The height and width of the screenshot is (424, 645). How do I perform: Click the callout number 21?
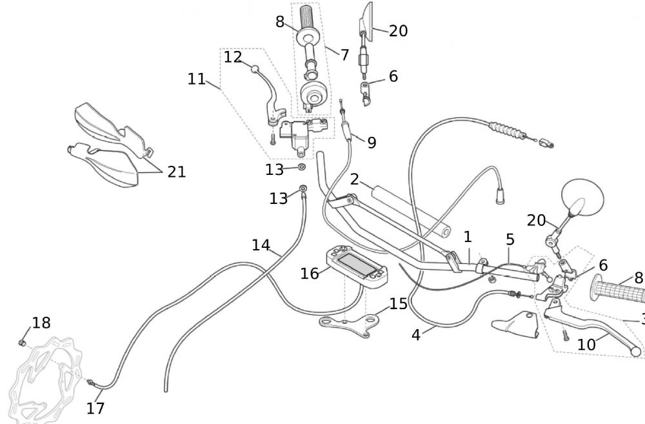(x=176, y=172)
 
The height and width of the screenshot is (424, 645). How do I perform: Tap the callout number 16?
(x=310, y=274)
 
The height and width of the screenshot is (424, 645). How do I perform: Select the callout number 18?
(x=41, y=323)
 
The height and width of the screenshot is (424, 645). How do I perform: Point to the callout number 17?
(x=95, y=408)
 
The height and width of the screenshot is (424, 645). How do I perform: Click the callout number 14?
(x=261, y=245)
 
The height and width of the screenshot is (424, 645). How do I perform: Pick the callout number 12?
(x=232, y=57)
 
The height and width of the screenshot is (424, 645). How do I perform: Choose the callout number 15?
(x=398, y=303)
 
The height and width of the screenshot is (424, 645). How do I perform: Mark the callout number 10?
(x=586, y=345)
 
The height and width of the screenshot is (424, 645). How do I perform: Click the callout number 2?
(x=355, y=179)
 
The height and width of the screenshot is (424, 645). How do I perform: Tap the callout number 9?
(x=372, y=143)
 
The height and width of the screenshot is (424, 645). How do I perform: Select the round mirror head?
(x=584, y=196)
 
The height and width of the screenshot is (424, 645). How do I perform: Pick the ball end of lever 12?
(x=255, y=68)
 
